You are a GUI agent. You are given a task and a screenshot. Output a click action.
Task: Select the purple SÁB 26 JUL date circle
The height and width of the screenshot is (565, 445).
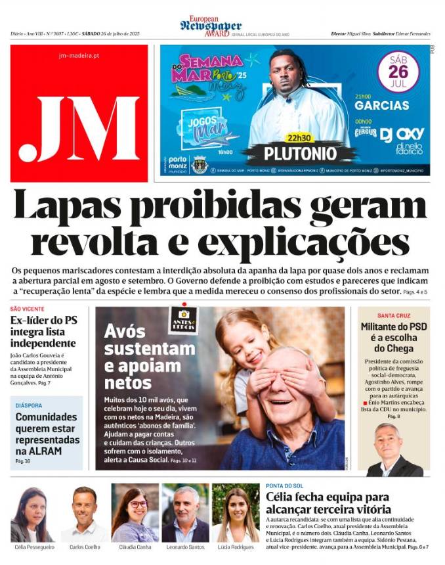click(398, 72)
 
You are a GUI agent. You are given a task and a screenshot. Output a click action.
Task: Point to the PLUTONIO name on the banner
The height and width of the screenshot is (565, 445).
click(300, 154)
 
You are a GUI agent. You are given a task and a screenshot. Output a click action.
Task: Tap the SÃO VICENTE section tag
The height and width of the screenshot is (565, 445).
click(28, 309)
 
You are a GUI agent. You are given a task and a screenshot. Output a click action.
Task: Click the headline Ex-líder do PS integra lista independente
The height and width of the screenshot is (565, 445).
click(43, 332)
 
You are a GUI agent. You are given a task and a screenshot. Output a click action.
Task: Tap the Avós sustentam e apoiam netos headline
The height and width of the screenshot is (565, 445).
click(141, 356)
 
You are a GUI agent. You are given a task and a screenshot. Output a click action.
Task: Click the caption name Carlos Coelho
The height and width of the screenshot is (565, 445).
click(85, 547)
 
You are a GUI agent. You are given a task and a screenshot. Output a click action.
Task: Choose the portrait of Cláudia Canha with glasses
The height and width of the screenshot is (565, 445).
click(135, 512)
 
